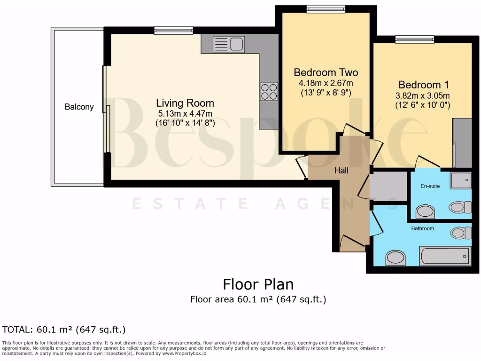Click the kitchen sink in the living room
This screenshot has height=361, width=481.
point(229,45)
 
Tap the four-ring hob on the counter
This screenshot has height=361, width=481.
point(269,92)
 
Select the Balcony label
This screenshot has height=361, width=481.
point(79,107)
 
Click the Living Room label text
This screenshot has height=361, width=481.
point(185,103)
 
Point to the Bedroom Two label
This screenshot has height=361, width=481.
point(326,72)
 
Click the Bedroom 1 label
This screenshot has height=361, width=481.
point(423,85)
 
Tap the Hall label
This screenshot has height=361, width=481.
point(341,171)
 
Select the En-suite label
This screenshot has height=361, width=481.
point(430,186)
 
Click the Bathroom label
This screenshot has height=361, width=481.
point(423,228)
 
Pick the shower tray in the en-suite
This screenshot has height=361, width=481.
point(460,180)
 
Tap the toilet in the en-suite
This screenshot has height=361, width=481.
point(460,207)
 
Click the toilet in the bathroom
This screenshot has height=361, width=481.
point(460,233)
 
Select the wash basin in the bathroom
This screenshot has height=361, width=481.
point(395,258)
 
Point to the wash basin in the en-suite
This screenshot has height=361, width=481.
point(425,212)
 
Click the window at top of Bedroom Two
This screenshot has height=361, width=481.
point(326,9)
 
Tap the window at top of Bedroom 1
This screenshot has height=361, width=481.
point(414,39)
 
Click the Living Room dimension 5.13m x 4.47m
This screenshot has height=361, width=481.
point(185,113)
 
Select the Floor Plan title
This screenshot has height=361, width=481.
point(258,284)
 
